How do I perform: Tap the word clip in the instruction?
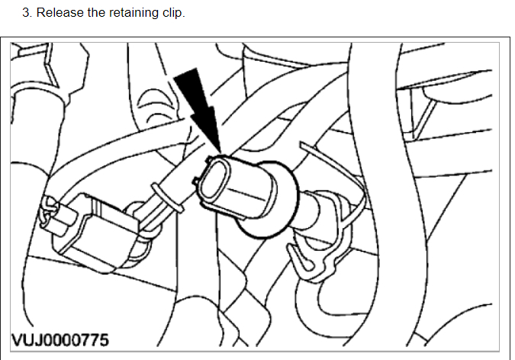coord(173,13)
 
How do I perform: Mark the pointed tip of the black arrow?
coord(219,149)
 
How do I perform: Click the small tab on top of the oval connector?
coord(208,159)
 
